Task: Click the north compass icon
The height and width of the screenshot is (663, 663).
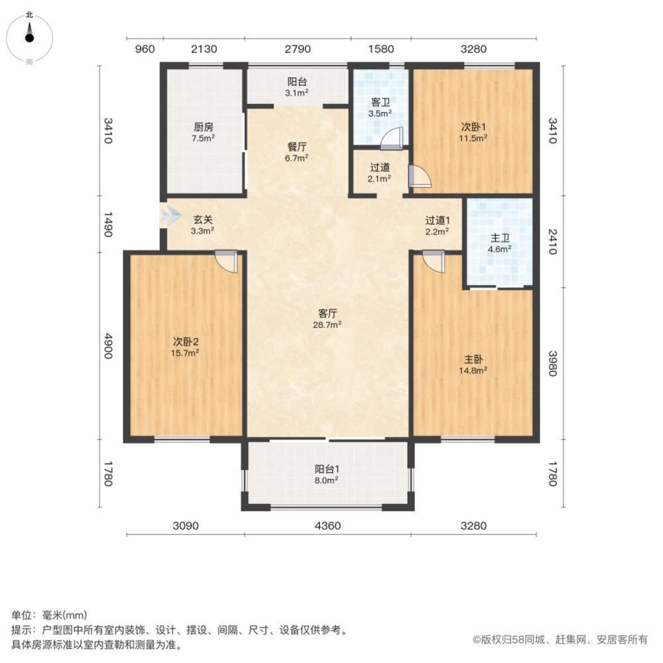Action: coord(30,36)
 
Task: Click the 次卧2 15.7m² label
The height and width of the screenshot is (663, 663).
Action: coord(186,347)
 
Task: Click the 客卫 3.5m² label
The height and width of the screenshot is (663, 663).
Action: coord(380,107)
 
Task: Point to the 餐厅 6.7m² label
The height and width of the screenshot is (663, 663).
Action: coord(296,152)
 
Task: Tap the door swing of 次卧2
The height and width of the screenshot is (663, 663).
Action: coord(226,261)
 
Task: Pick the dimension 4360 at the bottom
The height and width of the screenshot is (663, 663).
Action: coord(328,526)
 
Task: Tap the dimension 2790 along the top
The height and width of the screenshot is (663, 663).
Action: coord(297,48)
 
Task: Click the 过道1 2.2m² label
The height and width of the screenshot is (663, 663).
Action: coord(438,225)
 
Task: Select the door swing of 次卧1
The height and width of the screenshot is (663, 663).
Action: coord(420,176)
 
